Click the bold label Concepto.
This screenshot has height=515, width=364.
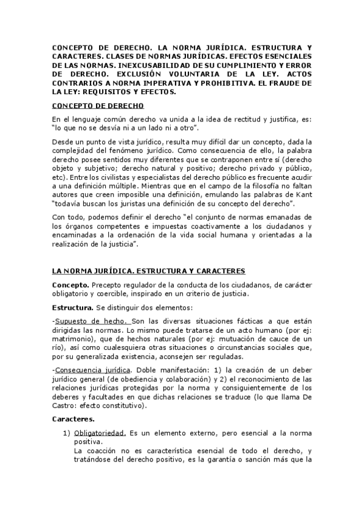[x=70, y=285]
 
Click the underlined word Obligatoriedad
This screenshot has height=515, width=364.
[x=100, y=435]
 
